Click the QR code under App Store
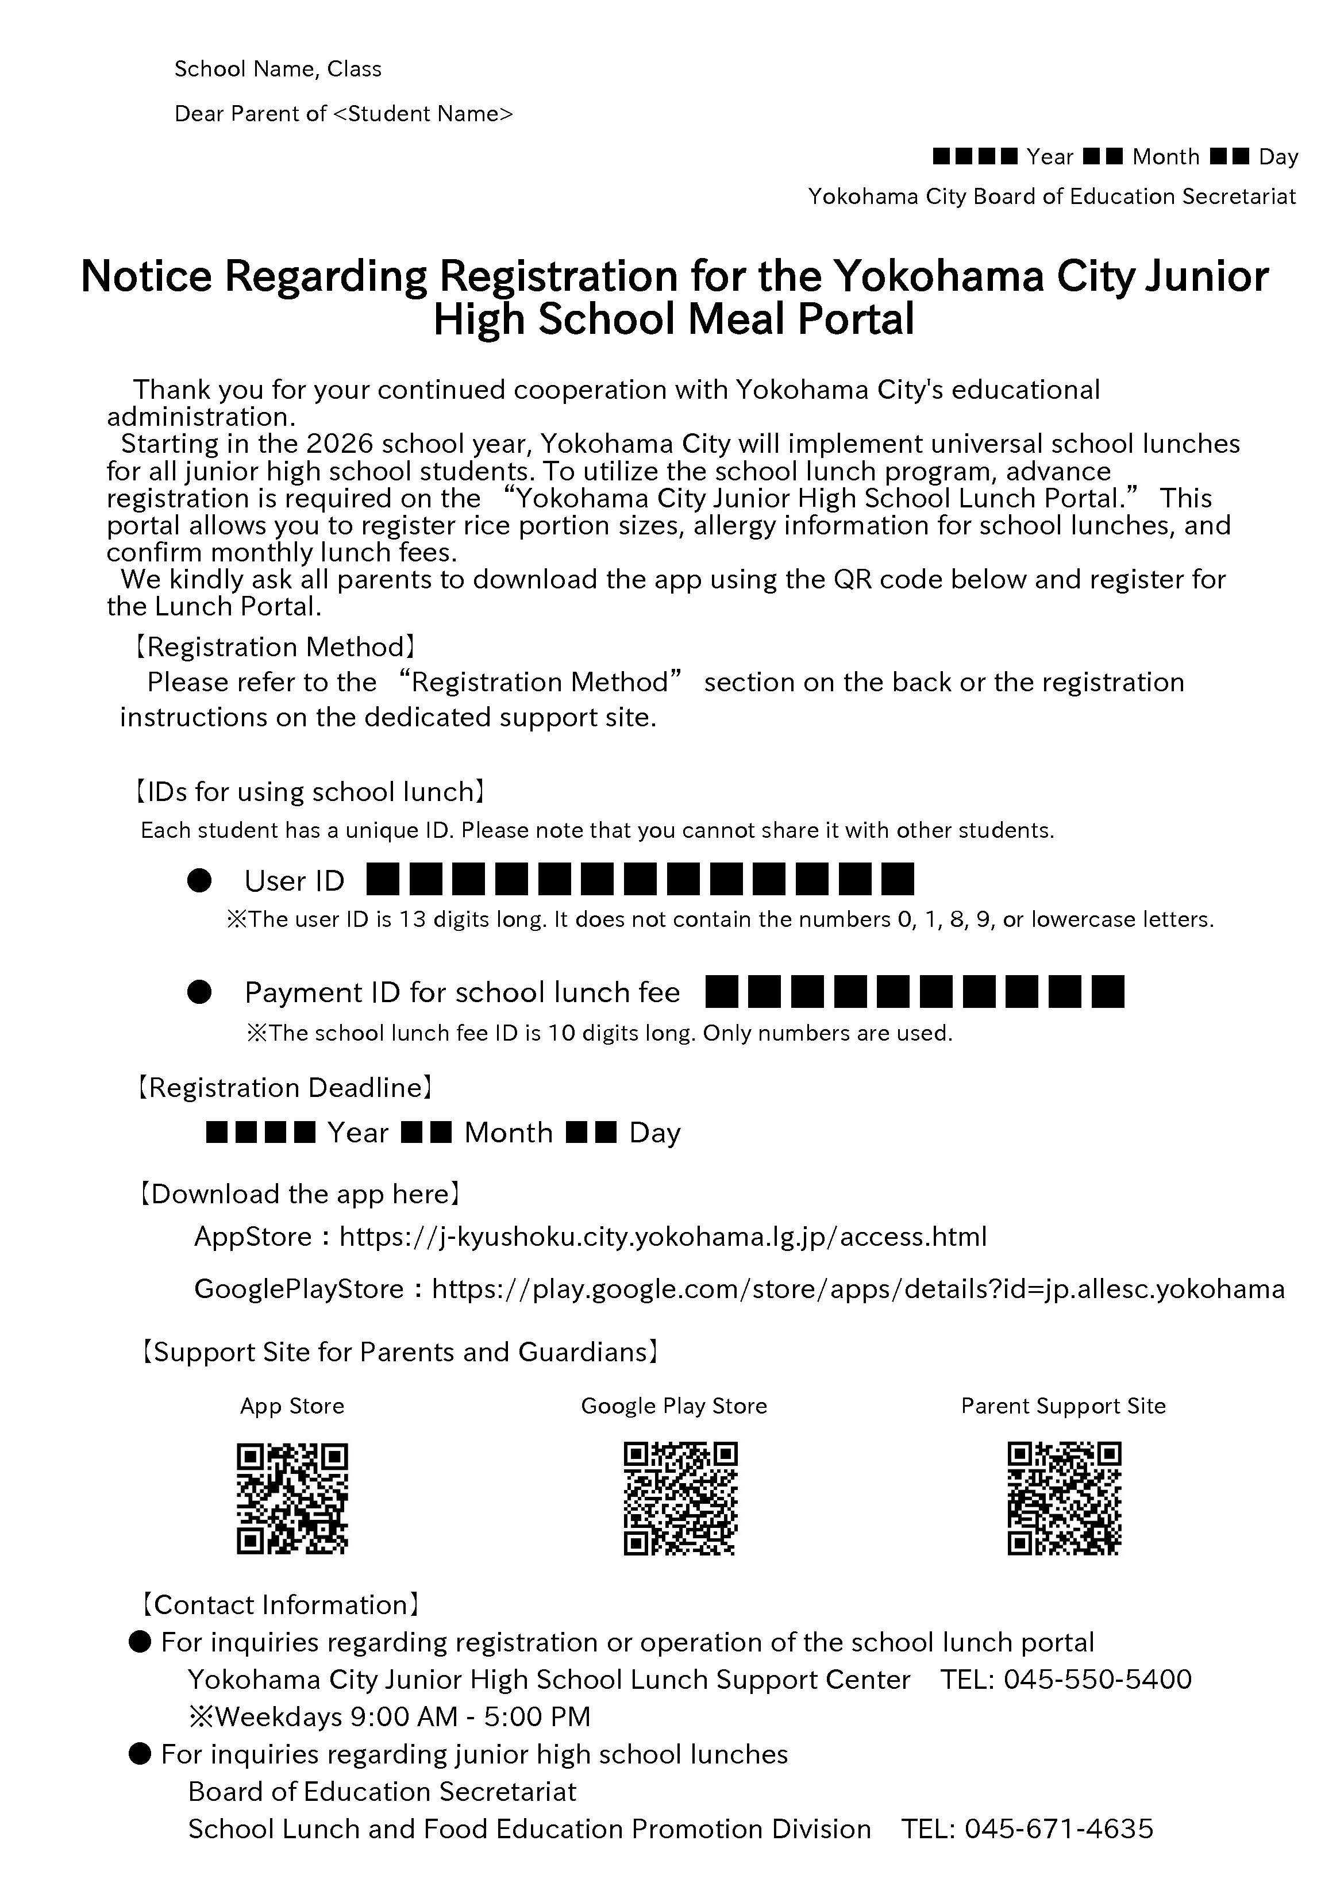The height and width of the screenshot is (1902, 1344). tap(292, 1499)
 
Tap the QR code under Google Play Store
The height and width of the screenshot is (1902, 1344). tap(679, 1499)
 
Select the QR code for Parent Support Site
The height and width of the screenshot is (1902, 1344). tap(1064, 1499)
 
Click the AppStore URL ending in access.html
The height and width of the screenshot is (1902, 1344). tap(663, 1237)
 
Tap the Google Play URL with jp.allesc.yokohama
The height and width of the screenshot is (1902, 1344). tap(858, 1289)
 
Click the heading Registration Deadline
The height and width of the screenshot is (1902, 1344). tap(284, 1088)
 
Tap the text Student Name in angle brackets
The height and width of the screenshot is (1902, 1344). tap(422, 114)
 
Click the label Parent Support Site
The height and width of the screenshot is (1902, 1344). tap(1063, 1406)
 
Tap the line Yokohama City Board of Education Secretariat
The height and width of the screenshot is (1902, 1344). tap(1052, 197)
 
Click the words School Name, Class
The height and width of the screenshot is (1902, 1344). tap(278, 69)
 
